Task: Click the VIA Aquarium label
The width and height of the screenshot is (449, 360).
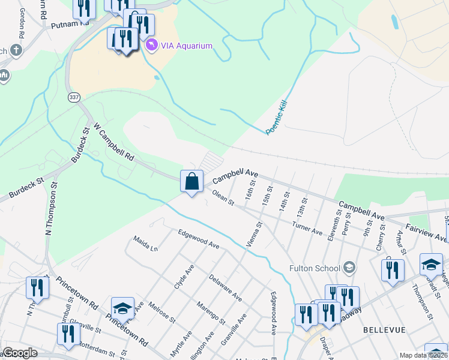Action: pos(187,46)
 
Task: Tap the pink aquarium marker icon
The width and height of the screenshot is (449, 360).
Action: pos(152,46)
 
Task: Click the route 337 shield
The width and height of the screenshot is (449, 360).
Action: pos(74,97)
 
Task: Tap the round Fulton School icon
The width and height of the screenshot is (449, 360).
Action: pos(348,268)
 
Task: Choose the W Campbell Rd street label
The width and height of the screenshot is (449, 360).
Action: pos(113,143)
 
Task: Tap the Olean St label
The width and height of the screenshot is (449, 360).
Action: pos(223,199)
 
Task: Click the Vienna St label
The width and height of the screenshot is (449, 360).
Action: pos(255,235)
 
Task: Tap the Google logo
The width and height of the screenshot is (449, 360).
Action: pos(20,353)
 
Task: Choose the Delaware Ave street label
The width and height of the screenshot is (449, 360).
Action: pos(225,288)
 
